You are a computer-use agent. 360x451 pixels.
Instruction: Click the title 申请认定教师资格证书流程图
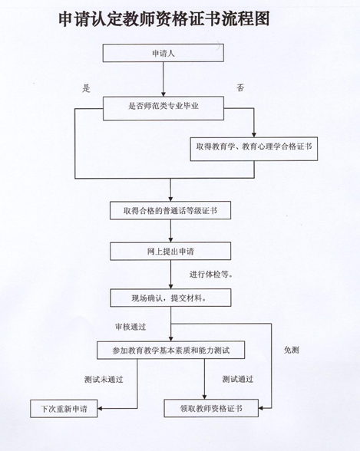point(164,19)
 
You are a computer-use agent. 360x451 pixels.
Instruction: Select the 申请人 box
point(163,53)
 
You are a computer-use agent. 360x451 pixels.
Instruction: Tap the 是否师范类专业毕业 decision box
point(163,108)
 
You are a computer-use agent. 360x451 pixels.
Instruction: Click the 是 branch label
point(86,88)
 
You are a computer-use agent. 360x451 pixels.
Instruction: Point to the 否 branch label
point(240,87)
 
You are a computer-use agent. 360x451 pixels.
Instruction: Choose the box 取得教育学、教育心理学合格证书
point(254,149)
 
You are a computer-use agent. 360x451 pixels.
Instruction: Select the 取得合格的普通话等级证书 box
point(170,210)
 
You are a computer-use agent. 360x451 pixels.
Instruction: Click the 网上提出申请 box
point(170,251)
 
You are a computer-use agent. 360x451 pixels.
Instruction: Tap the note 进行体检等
point(211,275)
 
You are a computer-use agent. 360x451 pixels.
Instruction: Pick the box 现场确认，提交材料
point(170,298)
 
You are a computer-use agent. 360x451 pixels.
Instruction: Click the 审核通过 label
point(130,327)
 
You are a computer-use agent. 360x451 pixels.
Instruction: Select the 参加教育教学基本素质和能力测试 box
point(170,350)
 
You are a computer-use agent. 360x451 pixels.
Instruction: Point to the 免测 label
point(291,350)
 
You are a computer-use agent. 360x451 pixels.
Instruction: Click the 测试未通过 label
point(104,380)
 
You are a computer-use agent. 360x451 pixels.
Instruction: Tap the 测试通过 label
point(238,379)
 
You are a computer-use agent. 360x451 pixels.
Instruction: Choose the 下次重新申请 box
point(64,408)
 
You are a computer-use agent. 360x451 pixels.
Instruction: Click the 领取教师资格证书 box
point(211,408)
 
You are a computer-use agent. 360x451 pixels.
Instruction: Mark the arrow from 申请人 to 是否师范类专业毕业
point(163,79)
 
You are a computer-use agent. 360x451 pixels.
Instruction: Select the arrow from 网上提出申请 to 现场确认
point(170,275)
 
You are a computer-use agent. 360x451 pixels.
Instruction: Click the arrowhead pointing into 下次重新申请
point(100,408)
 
